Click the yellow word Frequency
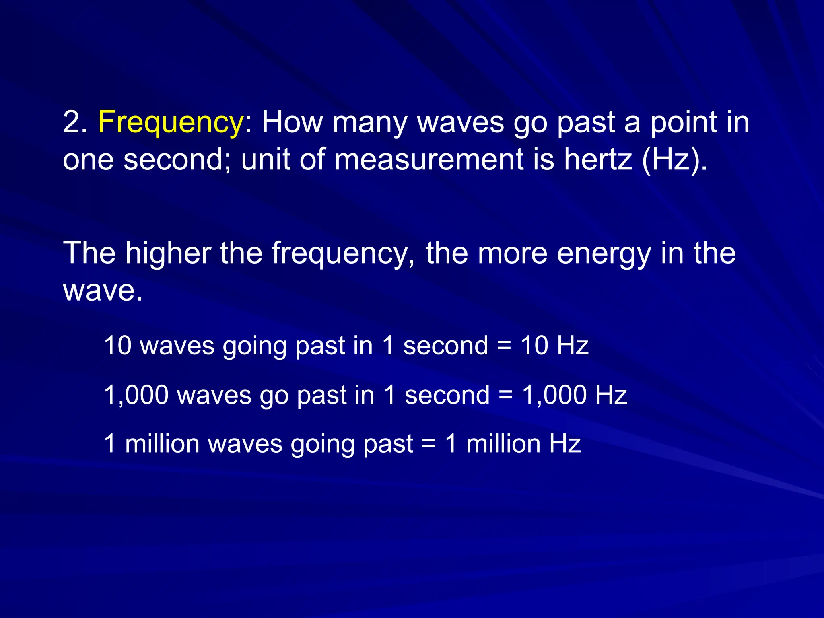click(x=170, y=123)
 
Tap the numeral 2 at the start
click(x=71, y=122)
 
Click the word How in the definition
click(x=293, y=122)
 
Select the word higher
click(x=168, y=253)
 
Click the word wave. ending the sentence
click(x=103, y=290)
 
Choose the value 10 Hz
click(x=554, y=346)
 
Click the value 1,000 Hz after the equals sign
click(x=575, y=395)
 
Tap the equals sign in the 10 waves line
click(x=505, y=346)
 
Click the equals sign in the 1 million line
click(x=429, y=444)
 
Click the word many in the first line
click(x=370, y=123)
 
